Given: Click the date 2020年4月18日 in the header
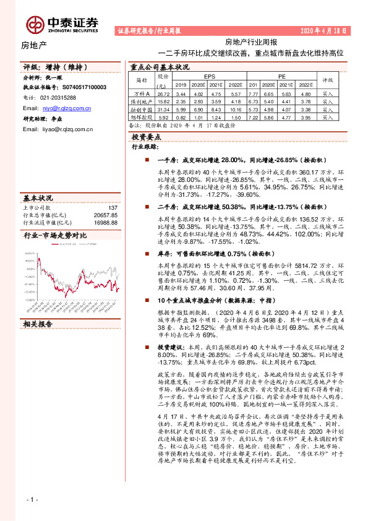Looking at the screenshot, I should tap(323, 30).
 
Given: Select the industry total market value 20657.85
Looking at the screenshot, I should tap(105, 214).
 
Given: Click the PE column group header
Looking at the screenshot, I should tap(282, 75).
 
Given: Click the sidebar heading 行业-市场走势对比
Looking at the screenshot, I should tap(54, 236).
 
